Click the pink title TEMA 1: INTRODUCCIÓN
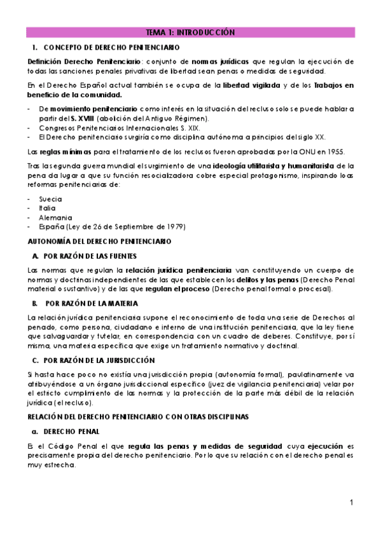pos(190,32)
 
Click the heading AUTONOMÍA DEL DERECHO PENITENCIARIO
pos(99,242)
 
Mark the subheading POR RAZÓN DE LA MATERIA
pos(90,303)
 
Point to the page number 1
pos(350,503)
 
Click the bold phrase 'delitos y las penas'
pos(260,280)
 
